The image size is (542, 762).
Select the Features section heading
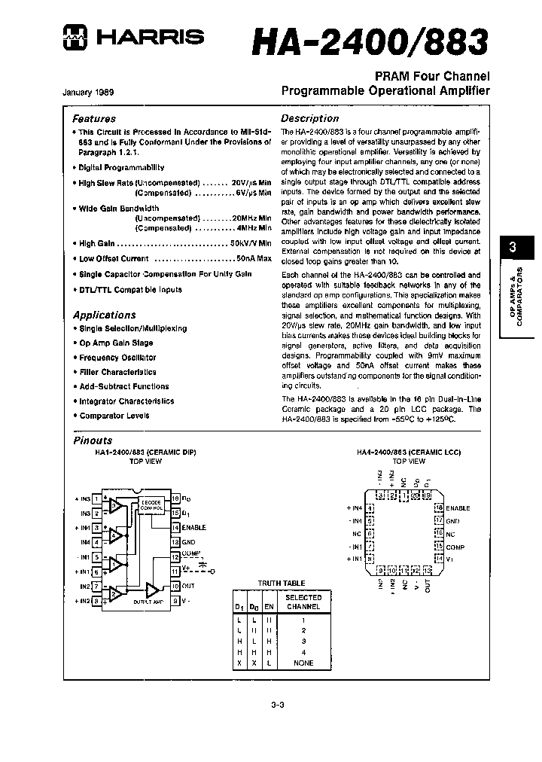pos(94,118)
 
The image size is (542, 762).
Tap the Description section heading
pos(309,118)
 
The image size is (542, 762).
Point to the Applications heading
pos(104,315)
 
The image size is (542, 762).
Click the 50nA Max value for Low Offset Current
pos(253,258)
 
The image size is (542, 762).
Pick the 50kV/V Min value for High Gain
pos(250,244)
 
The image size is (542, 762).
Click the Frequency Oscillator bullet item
pos(117,358)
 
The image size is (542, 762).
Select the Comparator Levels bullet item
pos(114,416)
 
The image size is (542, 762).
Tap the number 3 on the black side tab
pos(513,247)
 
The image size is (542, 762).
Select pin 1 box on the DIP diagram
pos(96,498)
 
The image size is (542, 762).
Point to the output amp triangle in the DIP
pos(153,588)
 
